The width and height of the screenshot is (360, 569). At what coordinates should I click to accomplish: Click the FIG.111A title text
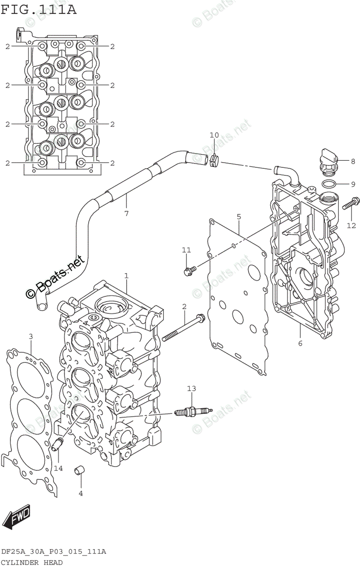38,9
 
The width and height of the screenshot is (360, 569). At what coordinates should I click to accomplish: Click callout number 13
191,389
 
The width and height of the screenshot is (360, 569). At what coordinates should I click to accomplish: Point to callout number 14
58,468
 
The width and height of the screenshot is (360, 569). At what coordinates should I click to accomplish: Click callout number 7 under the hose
126,213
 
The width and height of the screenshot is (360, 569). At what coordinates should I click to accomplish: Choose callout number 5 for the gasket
239,217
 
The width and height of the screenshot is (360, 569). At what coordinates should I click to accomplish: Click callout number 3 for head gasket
31,337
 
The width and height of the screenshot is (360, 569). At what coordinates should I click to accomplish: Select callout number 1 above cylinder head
126,275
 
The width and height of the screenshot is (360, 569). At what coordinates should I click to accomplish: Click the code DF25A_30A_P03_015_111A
54,552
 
